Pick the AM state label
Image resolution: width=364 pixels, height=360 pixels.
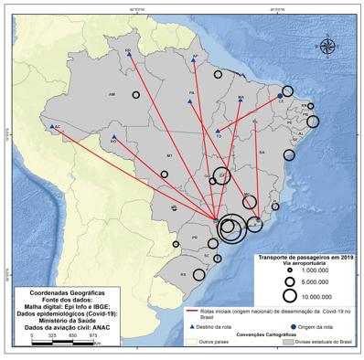112,94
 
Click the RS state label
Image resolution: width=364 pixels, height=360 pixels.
183,273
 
